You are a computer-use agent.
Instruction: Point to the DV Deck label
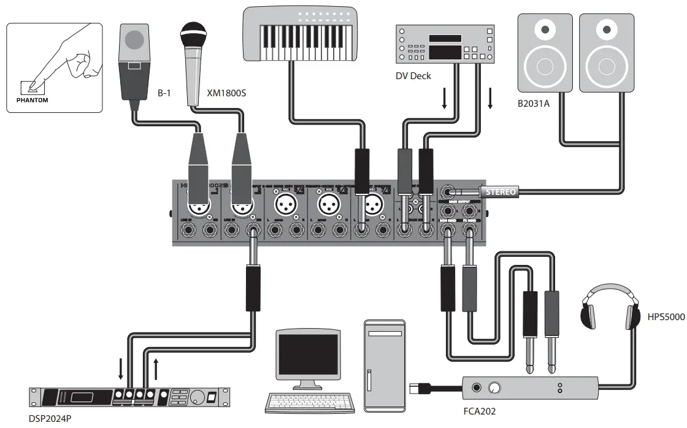[x=413, y=76]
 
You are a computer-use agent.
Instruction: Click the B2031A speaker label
[x=534, y=104]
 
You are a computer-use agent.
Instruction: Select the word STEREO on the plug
[x=501, y=192]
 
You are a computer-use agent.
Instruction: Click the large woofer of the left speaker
[x=543, y=64]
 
